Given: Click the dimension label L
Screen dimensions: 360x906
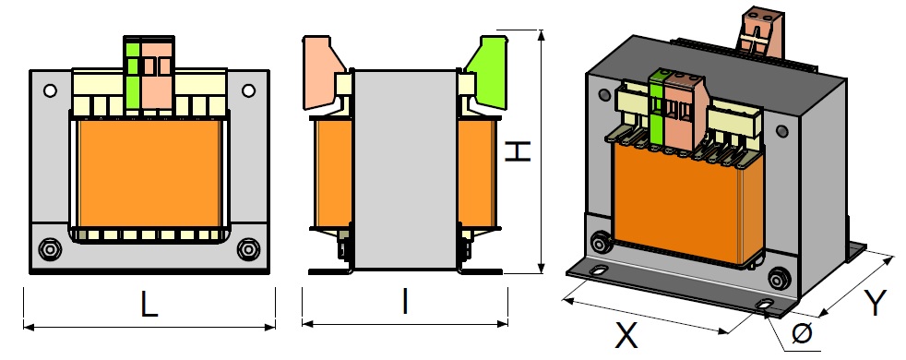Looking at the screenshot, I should (149, 304).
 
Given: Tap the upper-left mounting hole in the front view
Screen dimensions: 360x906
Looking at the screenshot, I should (50, 90).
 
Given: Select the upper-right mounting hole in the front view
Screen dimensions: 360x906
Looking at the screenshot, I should (247, 90).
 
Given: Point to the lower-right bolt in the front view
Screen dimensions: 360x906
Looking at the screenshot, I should (247, 249).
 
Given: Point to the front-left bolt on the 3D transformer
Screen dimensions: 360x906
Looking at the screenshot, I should (601, 244).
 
